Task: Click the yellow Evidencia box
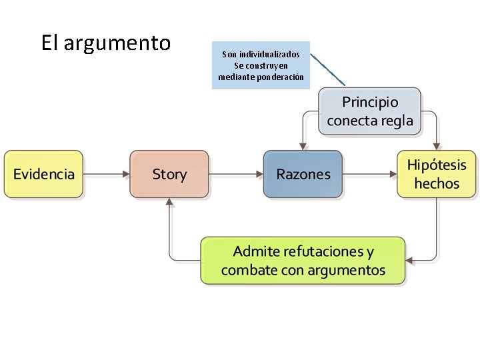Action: (44, 174)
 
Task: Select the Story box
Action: (169, 174)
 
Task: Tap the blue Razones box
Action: (303, 174)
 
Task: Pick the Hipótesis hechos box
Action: (437, 174)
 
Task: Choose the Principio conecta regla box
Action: (370, 111)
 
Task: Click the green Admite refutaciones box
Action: (303, 261)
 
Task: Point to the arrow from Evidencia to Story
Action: (107, 174)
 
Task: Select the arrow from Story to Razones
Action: (236, 174)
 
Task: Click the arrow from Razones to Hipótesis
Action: (370, 174)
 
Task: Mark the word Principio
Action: (370, 102)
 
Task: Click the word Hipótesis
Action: (437, 165)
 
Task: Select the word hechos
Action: (437, 183)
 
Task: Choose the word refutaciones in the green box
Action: (323, 252)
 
